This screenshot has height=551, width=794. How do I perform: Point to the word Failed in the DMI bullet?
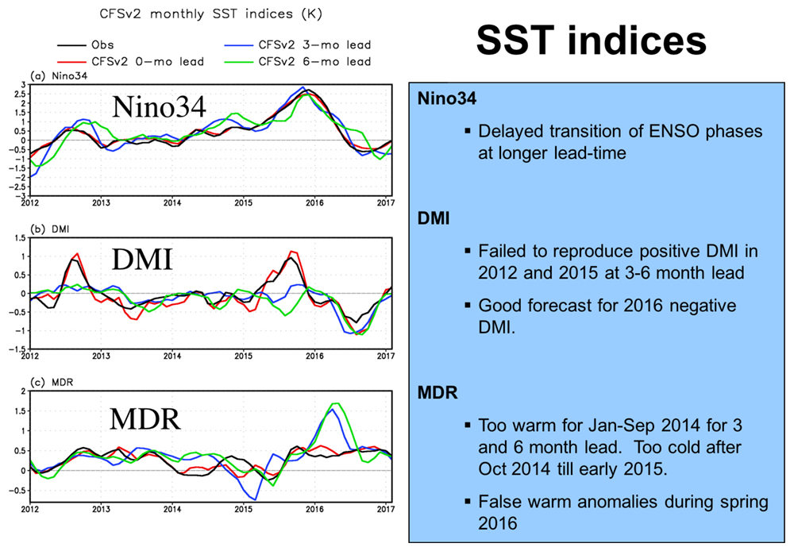[x=502, y=252]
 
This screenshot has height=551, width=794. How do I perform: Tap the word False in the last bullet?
[x=499, y=502]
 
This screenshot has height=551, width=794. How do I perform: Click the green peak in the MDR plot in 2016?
[x=336, y=404]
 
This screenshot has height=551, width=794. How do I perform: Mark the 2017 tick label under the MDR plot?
[x=385, y=508]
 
